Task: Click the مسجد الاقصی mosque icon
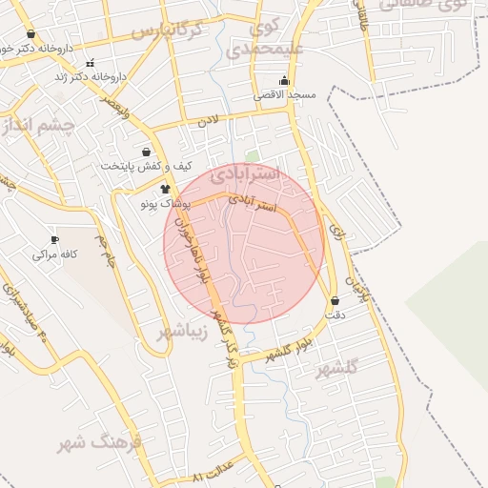click(x=283, y=81)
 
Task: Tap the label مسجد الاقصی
click(x=282, y=95)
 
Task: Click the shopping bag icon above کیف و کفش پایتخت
click(x=146, y=152)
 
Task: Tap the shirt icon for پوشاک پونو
click(x=166, y=190)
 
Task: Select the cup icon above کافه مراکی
click(x=54, y=240)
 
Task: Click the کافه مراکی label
click(x=54, y=254)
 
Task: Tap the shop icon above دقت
click(x=335, y=300)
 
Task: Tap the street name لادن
click(x=208, y=121)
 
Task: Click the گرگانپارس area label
click(x=168, y=30)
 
